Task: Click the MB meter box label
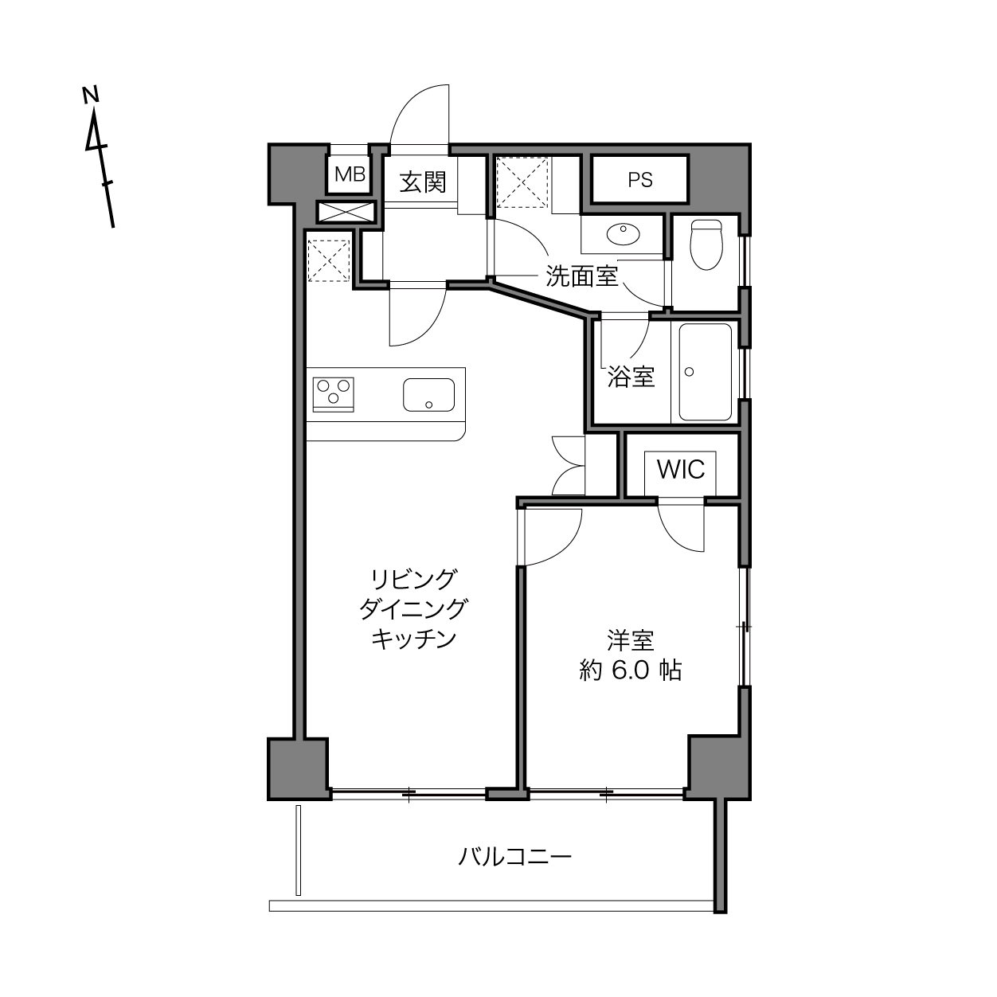tap(350, 174)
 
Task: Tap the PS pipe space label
tap(640, 180)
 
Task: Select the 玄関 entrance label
tap(423, 182)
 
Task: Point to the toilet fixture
tap(706, 244)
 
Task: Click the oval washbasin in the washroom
tap(623, 234)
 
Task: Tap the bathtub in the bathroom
tap(706, 372)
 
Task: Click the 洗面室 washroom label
tap(582, 276)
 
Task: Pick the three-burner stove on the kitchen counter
tap(333, 394)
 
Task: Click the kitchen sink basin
tap(429, 395)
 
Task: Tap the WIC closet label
tap(681, 469)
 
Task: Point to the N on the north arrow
tap(91, 96)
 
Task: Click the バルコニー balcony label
tap(514, 857)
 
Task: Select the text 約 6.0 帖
tap(631, 671)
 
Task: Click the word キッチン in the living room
tap(414, 639)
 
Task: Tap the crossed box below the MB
tap(345, 213)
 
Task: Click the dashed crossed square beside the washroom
tap(522, 182)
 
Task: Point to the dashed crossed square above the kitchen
tap(329, 260)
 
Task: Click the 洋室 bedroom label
tap(631, 640)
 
